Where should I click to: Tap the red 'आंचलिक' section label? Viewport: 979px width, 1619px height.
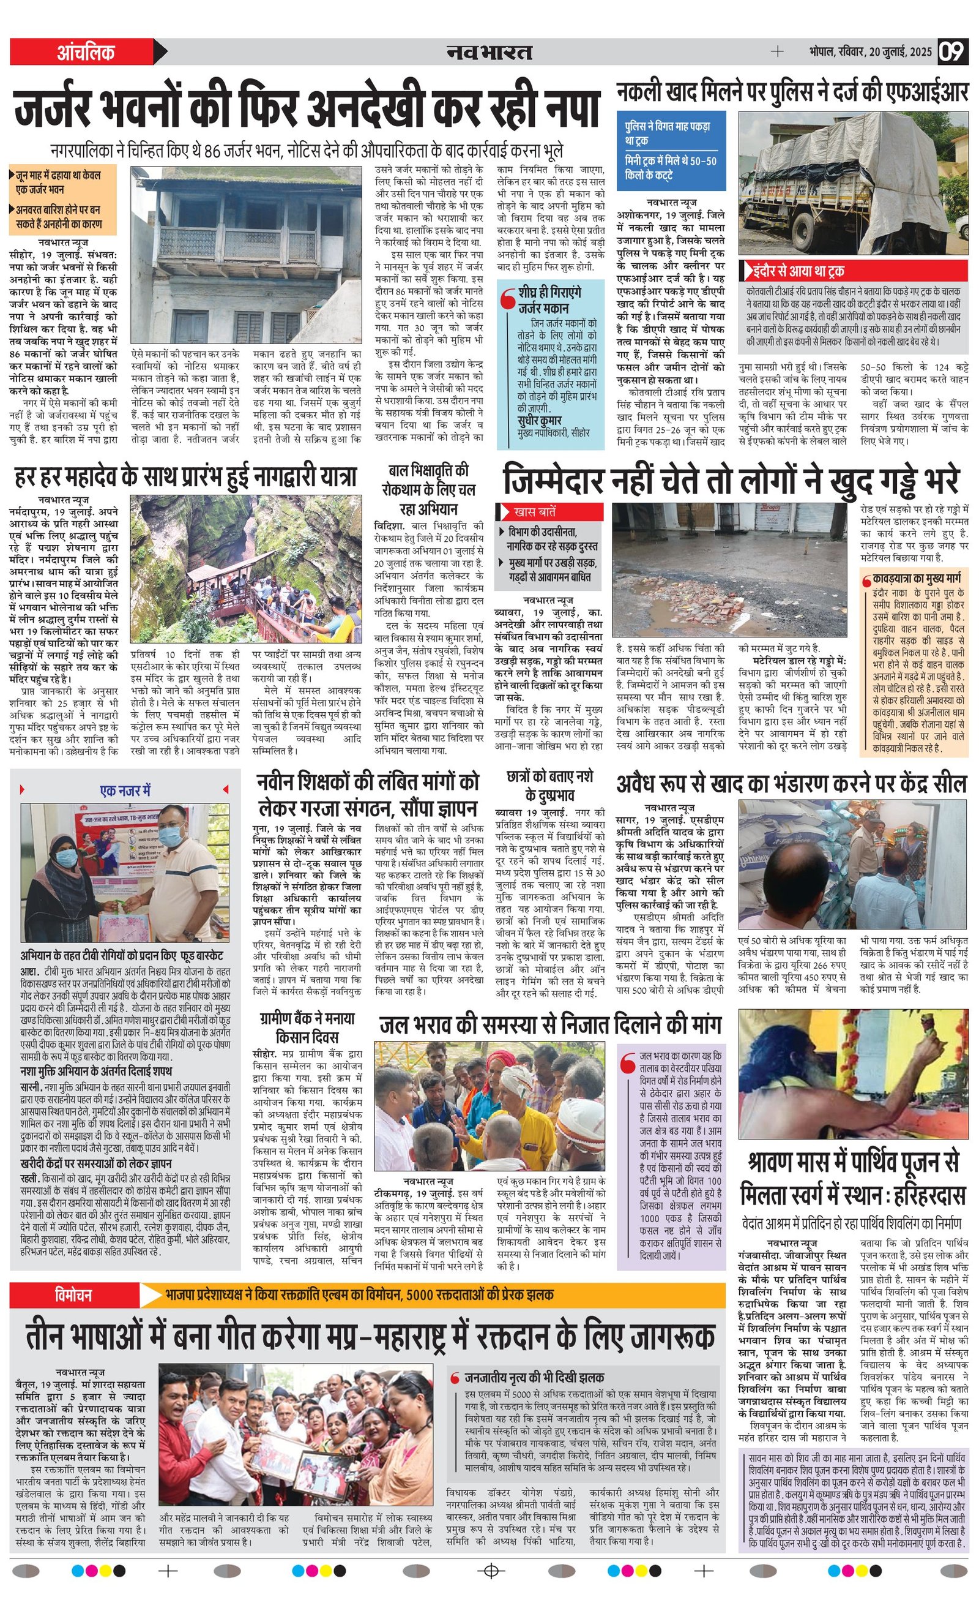pyautogui.click(x=86, y=52)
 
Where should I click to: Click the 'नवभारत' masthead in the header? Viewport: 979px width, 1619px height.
pyautogui.click(x=489, y=52)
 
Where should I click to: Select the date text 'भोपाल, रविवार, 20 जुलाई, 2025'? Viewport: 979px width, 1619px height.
pyautogui.click(x=870, y=52)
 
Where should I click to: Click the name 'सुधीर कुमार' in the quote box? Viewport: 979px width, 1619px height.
pyautogui.click(x=540, y=421)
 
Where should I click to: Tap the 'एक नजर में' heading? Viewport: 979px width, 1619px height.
pyautogui.click(x=125, y=791)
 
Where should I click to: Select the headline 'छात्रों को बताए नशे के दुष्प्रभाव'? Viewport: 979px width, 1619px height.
pyautogui.click(x=549, y=786)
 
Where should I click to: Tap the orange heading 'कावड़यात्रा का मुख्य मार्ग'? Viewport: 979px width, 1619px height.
pyautogui.click(x=916, y=579)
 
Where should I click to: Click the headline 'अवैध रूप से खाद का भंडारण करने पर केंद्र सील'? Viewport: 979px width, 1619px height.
pyautogui.click(x=791, y=784)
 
